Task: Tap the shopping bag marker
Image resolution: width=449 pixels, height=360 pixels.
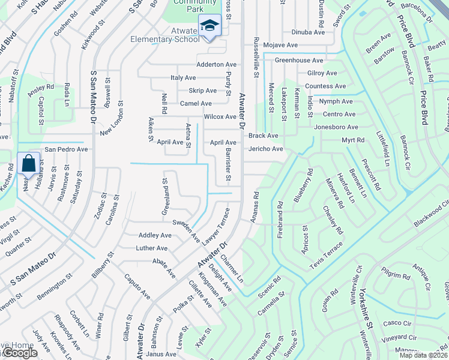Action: [29, 163]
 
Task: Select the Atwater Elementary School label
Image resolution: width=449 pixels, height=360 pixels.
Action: [165, 35]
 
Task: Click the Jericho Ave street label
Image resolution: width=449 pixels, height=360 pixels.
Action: [265, 149]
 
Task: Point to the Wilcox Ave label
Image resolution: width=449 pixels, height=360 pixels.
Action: [220, 116]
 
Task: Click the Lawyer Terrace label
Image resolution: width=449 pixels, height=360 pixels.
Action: [215, 226]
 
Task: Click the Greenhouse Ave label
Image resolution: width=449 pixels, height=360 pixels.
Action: [299, 60]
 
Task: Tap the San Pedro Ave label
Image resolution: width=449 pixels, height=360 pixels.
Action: [67, 149]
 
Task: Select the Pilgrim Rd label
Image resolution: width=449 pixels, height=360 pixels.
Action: [398, 277]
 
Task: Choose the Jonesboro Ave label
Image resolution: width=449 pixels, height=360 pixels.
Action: [336, 127]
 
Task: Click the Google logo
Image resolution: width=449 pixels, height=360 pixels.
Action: [19, 353]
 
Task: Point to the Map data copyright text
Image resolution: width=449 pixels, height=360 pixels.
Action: [424, 355]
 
